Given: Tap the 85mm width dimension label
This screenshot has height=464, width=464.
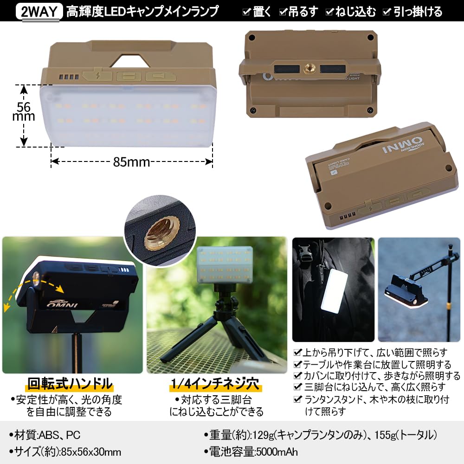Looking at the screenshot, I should [x=131, y=162].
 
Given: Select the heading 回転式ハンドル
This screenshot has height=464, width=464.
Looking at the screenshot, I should [x=70, y=384].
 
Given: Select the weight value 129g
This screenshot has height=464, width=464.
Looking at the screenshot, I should [x=263, y=435].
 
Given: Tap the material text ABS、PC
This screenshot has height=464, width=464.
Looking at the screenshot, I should [x=60, y=435].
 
